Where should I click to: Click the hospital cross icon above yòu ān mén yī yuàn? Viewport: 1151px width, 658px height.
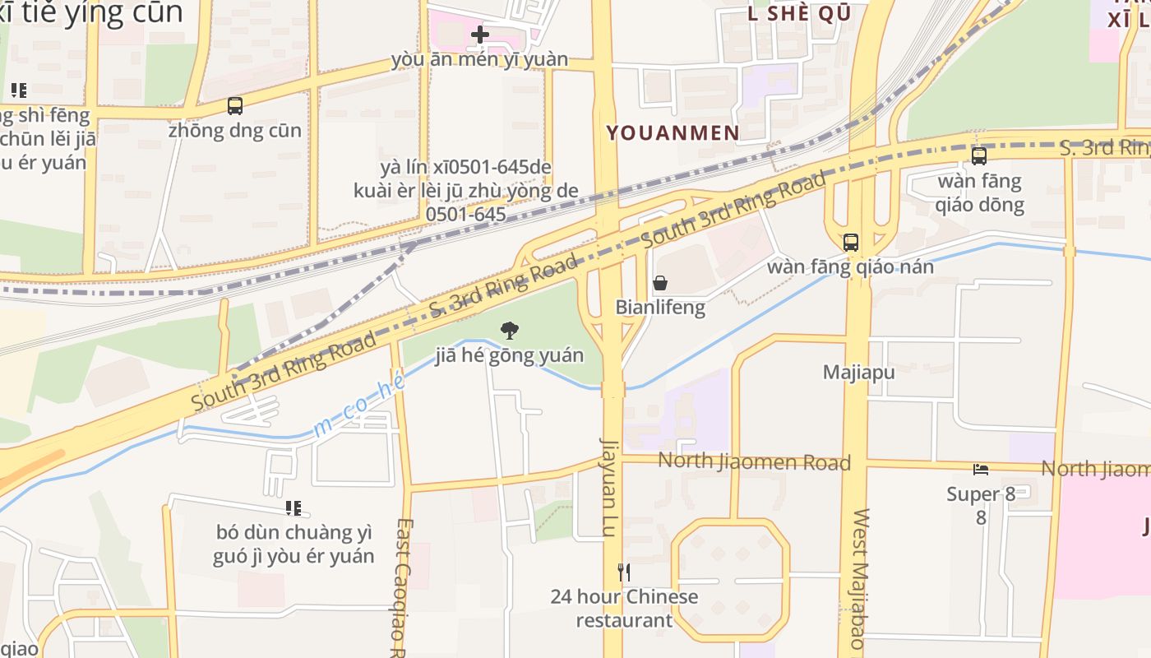480,35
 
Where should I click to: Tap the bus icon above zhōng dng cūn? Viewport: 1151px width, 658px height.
235,106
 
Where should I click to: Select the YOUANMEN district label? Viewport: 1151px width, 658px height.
673,132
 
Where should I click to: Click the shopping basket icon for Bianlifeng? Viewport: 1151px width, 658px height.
659,284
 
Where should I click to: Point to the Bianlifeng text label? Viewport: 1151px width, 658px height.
660,308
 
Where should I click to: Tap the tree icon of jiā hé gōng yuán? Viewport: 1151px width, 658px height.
510,331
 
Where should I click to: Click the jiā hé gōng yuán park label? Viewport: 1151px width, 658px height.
509,355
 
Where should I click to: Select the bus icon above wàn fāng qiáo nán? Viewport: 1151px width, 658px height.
850,243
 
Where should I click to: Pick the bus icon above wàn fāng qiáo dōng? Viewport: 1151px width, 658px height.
978,156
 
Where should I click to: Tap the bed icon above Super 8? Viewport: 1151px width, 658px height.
981,470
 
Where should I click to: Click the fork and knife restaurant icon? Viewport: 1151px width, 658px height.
624,572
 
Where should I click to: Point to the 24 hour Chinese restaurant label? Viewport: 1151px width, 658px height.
624,609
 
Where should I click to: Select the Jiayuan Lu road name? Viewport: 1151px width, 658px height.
609,487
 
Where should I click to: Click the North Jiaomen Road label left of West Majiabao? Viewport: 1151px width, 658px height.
754,462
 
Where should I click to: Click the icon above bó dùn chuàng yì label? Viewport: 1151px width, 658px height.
293,508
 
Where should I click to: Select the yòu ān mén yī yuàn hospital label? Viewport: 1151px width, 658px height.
479,59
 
